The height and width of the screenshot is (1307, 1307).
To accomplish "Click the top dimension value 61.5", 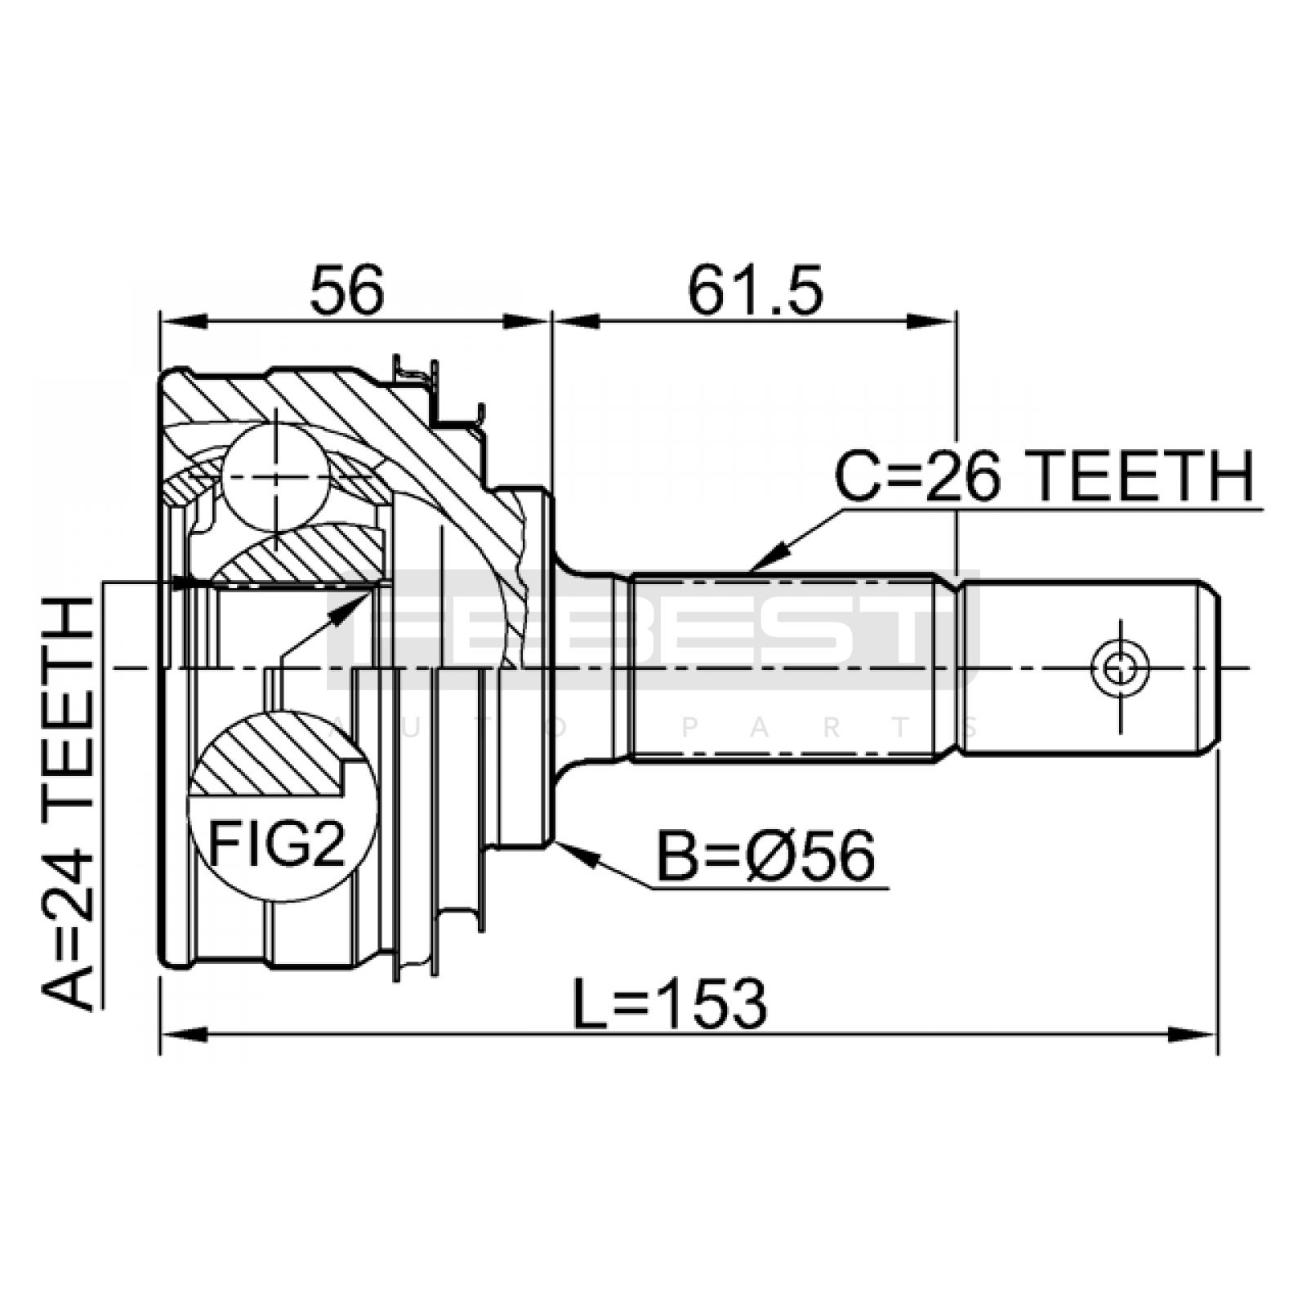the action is (x=755, y=291).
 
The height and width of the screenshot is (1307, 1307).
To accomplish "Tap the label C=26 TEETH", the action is (x=1044, y=477).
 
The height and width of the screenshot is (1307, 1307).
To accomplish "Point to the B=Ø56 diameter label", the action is (x=765, y=856).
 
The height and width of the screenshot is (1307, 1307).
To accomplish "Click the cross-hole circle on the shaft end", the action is (x=1120, y=668).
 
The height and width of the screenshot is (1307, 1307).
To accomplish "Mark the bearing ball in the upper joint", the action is (x=276, y=479).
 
